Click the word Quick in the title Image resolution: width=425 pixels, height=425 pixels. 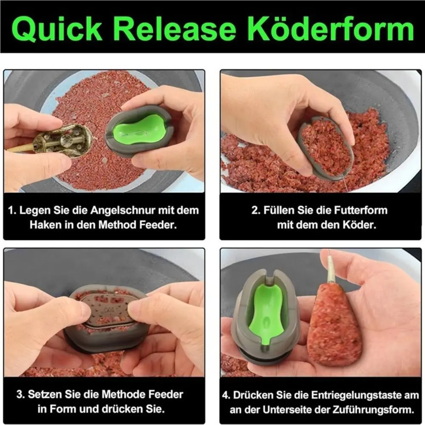[57, 29]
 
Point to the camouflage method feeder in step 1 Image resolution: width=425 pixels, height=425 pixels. [62, 141]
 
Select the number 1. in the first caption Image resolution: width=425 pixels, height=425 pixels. [12, 210]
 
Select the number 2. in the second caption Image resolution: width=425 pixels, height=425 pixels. [256, 210]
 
